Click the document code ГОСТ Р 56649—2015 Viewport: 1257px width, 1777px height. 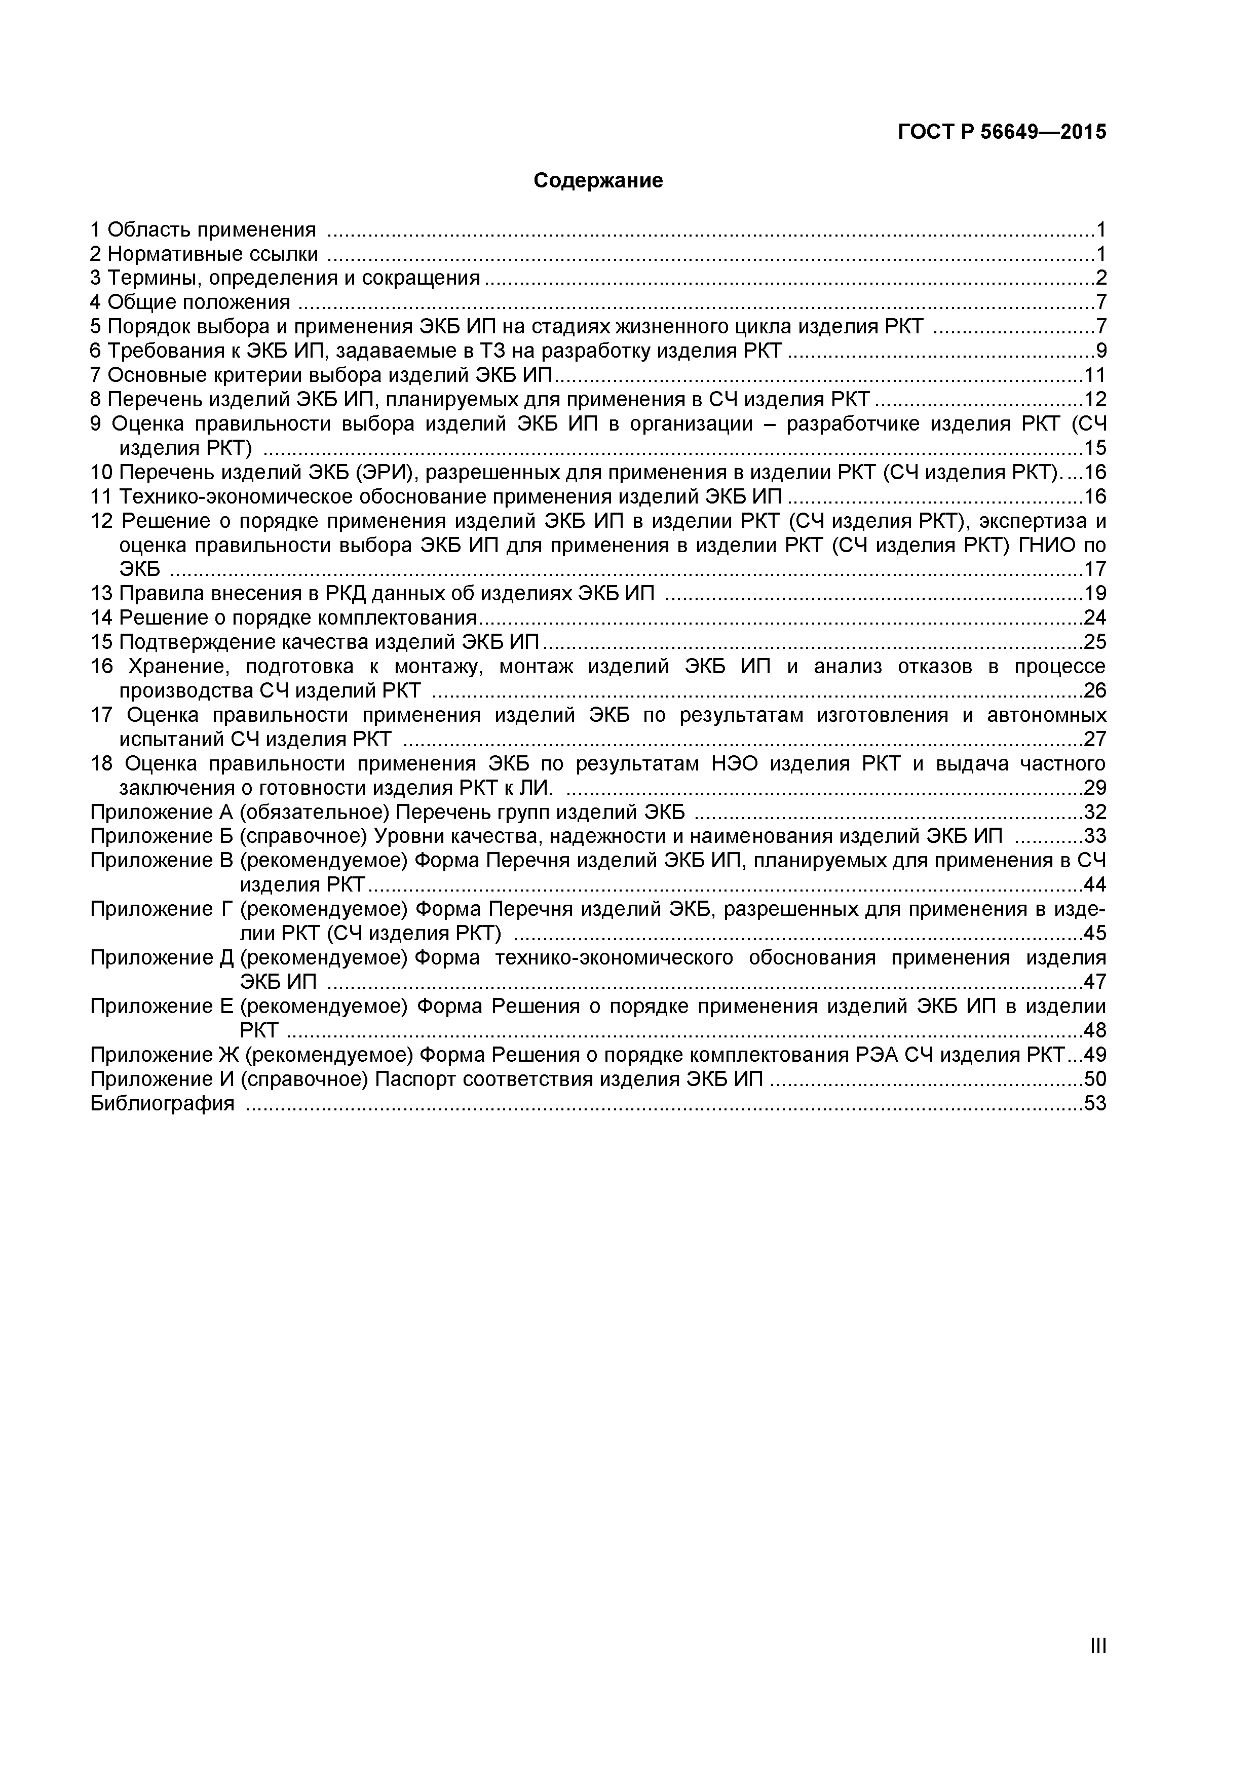point(1002,132)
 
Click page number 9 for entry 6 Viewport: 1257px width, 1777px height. point(1100,351)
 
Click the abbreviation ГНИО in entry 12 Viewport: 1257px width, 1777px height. point(1050,545)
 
